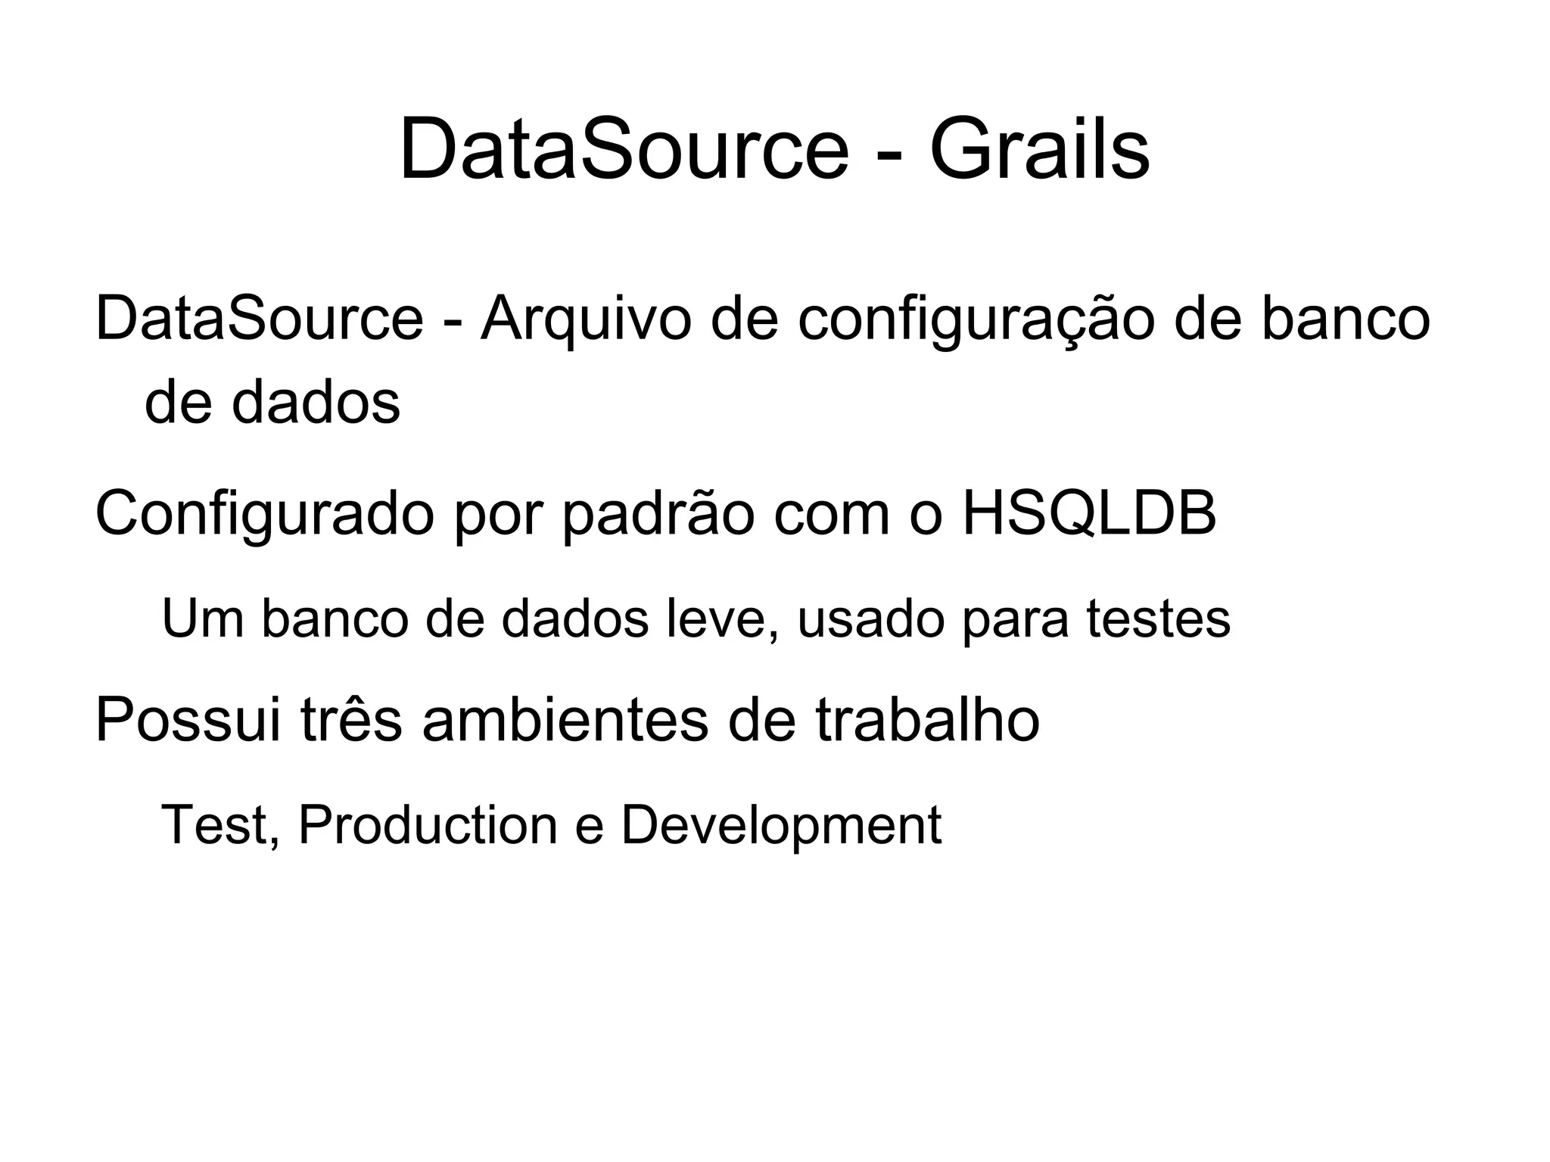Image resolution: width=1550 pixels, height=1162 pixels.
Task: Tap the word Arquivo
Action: (586, 319)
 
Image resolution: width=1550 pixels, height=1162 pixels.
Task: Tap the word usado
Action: (870, 618)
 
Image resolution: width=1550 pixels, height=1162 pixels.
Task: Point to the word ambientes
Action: (565, 719)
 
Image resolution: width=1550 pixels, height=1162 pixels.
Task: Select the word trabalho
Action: (927, 719)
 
